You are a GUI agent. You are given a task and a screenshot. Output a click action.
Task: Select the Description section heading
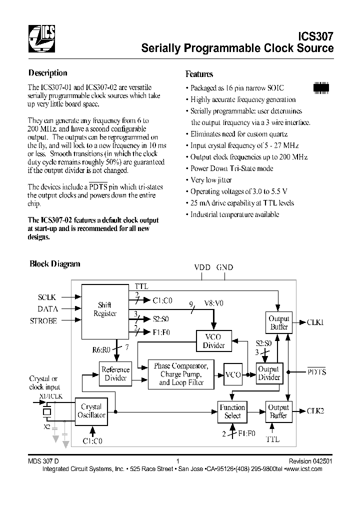47,73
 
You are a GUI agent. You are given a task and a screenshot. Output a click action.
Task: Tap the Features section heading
199,74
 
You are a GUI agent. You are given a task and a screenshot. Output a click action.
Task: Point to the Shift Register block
105,309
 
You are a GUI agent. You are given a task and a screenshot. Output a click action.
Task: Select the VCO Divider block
214,341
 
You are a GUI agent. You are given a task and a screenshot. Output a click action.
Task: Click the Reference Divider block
115,373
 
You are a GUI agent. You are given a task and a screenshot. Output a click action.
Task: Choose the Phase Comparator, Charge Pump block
180,374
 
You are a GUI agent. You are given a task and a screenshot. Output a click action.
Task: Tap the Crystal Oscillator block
91,411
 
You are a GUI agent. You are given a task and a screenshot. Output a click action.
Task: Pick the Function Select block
232,411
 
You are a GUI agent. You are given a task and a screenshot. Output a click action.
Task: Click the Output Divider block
269,373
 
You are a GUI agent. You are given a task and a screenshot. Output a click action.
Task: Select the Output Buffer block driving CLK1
279,322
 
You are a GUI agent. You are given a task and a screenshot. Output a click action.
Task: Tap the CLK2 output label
315,410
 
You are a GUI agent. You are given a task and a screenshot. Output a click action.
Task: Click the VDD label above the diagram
202,267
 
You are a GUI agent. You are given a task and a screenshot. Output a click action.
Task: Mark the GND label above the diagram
224,267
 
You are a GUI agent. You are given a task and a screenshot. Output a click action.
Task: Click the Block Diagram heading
54,264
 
